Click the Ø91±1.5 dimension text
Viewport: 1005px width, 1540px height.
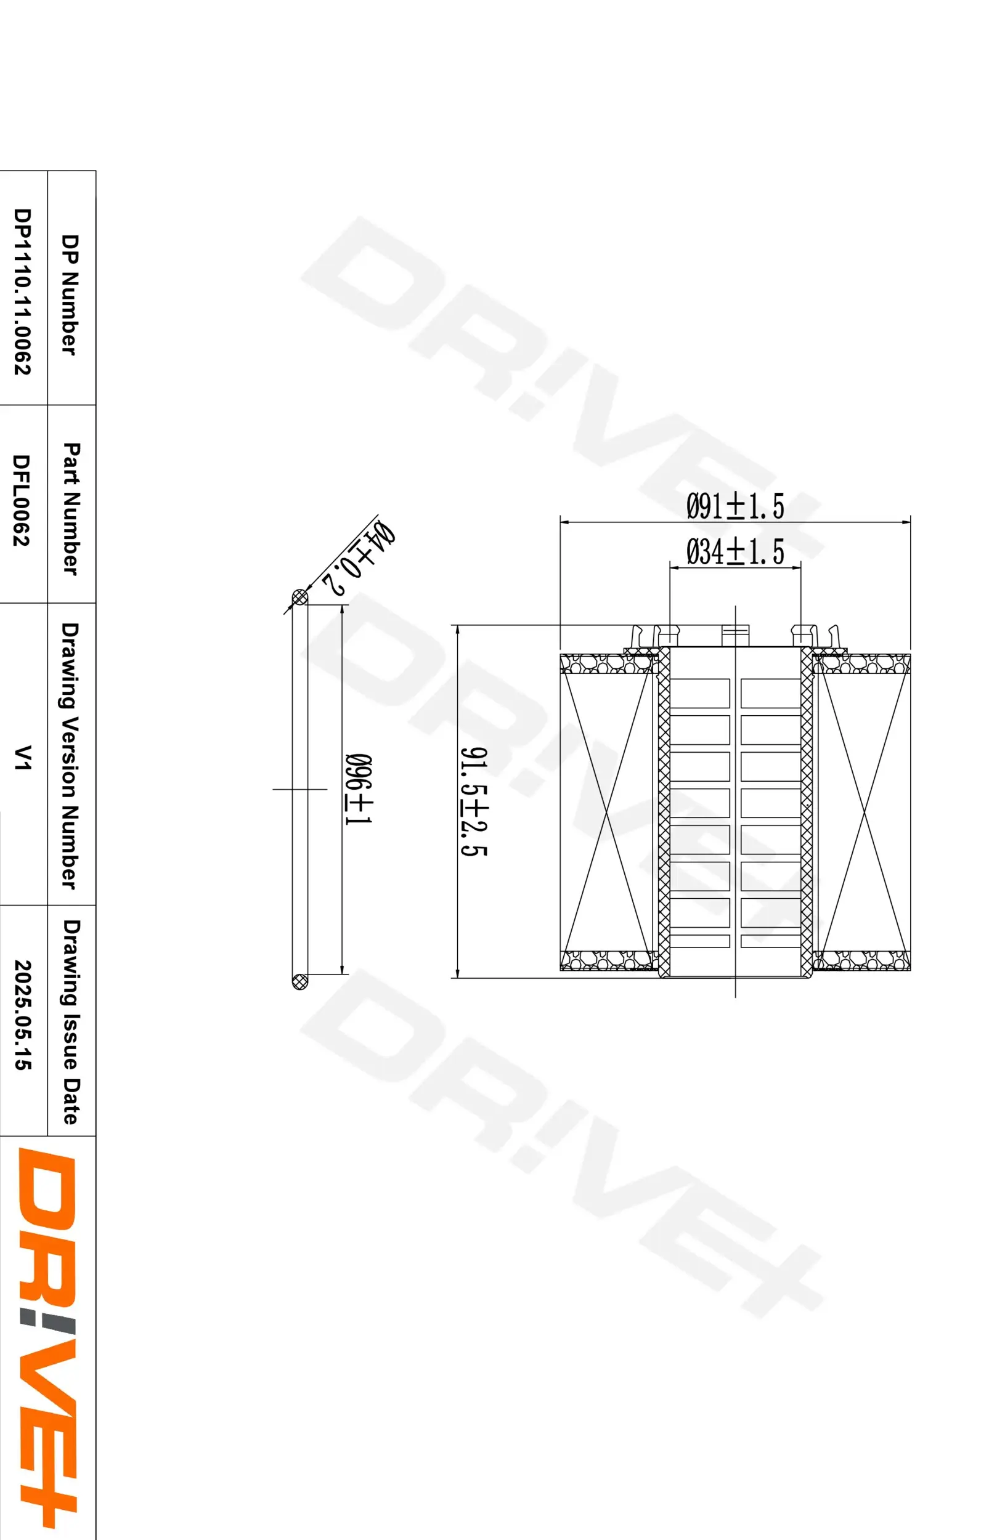click(x=734, y=506)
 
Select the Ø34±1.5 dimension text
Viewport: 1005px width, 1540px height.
click(x=734, y=551)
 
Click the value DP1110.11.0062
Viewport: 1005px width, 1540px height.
click(x=23, y=291)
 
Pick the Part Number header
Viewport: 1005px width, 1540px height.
click(x=71, y=509)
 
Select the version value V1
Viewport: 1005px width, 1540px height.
click(x=23, y=757)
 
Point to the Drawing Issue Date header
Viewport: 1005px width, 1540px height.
click(x=71, y=1022)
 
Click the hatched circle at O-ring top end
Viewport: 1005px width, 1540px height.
click(x=299, y=596)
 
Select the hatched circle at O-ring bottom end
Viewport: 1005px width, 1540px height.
click(x=299, y=981)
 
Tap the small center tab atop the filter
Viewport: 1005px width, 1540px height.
click(x=735, y=636)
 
